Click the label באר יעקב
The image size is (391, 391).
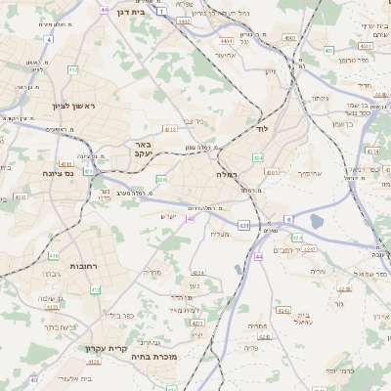click(x=140, y=149)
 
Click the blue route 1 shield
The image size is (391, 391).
click(x=160, y=10)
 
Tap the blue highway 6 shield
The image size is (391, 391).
click(x=288, y=219)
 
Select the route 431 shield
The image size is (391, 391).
click(x=242, y=226)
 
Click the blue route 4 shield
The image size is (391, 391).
click(x=48, y=39)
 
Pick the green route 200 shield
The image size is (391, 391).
click(x=161, y=180)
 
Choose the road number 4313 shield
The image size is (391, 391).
click(x=170, y=128)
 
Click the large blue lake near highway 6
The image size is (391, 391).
click(x=317, y=222)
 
